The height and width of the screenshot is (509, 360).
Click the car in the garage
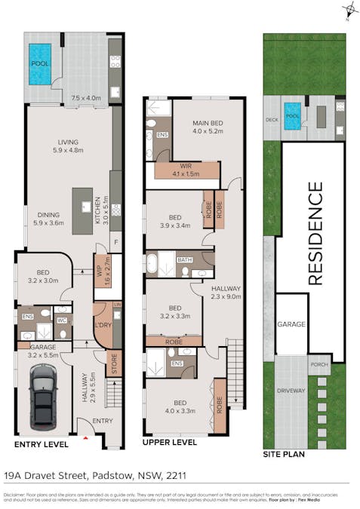(41, 397)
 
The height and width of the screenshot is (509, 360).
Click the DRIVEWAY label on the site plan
(290, 391)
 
